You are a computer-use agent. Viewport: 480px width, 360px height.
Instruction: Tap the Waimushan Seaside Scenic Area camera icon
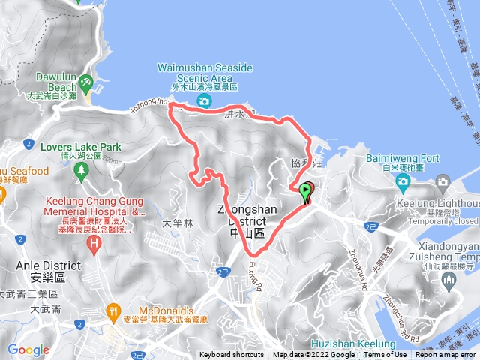tap(203, 101)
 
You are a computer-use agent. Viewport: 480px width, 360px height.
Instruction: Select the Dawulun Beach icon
tap(87, 80)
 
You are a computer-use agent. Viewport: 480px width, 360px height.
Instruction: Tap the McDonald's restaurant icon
tap(113, 308)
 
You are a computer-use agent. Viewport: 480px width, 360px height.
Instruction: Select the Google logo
tap(28, 349)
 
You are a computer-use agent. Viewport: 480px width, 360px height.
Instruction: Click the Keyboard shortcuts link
tap(232, 355)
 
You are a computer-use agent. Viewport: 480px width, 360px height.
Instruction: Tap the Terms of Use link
tap(385, 355)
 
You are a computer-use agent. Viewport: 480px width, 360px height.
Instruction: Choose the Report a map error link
tap(445, 355)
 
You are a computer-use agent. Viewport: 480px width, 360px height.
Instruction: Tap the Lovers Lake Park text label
tap(61, 139)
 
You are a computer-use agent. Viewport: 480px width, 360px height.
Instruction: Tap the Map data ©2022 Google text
tap(314, 355)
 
